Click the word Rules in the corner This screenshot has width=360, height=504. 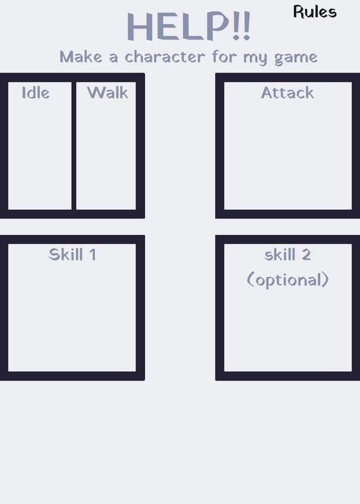pyautogui.click(x=315, y=12)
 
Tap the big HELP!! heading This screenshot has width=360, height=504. pyautogui.click(x=189, y=26)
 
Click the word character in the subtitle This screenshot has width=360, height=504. pyautogui.click(x=165, y=57)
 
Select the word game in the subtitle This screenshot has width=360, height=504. pyautogui.click(x=296, y=58)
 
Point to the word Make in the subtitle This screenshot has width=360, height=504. pyautogui.click(x=81, y=57)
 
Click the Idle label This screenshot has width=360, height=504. pyautogui.click(x=36, y=93)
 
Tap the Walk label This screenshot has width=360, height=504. pyautogui.click(x=107, y=93)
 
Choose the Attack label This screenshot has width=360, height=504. pyautogui.click(x=287, y=93)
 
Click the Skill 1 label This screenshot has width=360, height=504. pyautogui.click(x=72, y=255)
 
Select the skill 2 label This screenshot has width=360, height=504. pyautogui.click(x=287, y=255)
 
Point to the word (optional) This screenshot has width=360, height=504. pyautogui.click(x=287, y=280)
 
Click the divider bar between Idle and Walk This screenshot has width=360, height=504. pyautogui.click(x=74, y=146)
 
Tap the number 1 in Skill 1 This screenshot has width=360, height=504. pyautogui.click(x=93, y=255)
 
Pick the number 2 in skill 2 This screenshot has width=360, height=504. pyautogui.click(x=306, y=255)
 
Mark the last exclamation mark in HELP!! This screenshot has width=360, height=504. pyautogui.click(x=247, y=26)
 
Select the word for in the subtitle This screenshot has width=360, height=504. pyautogui.click(x=224, y=57)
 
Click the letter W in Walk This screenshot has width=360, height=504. pyautogui.click(x=96, y=93)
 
